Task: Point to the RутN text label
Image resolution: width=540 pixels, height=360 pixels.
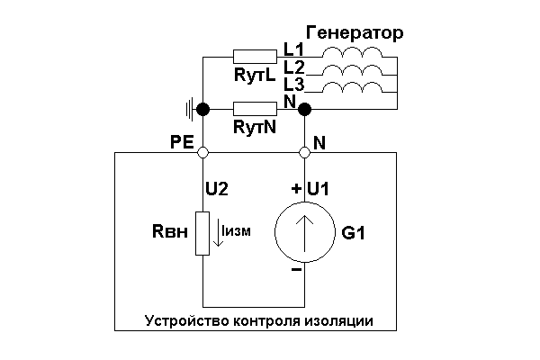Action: [255, 128]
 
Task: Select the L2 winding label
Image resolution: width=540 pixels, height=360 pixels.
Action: [293, 66]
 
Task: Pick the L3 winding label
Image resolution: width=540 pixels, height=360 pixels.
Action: [293, 83]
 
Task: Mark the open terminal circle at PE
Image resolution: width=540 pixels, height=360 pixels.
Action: [203, 154]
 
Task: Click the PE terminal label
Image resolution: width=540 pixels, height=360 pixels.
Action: [181, 141]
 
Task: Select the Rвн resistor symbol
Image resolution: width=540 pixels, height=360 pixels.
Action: [203, 234]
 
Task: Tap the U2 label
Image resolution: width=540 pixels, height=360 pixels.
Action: [218, 189]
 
